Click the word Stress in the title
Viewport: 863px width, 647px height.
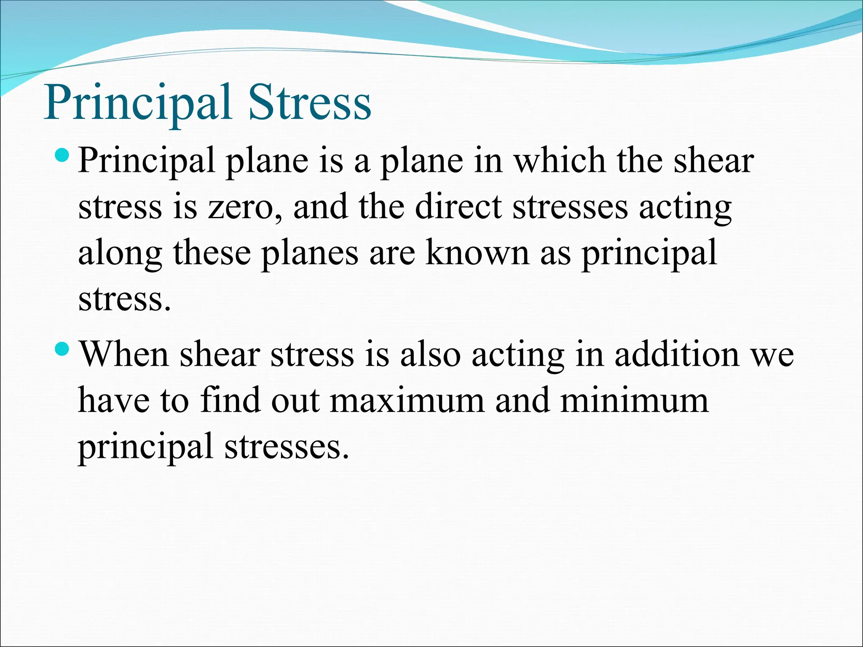[x=309, y=103]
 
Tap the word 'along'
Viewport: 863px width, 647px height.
[x=120, y=254]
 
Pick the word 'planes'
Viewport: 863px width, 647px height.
[x=310, y=254]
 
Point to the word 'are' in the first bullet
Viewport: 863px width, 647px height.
[x=392, y=254]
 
